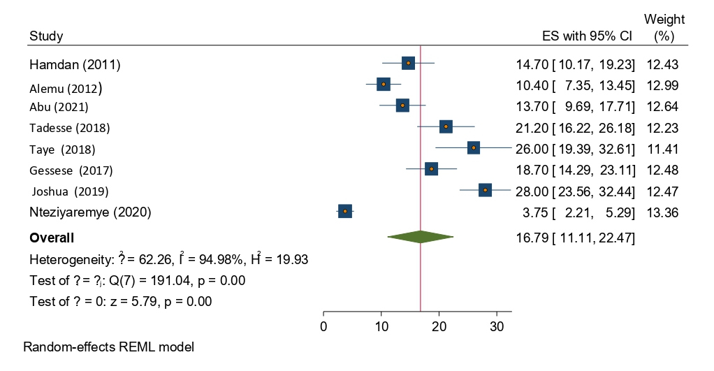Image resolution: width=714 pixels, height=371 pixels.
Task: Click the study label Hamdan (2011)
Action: [x=75, y=65]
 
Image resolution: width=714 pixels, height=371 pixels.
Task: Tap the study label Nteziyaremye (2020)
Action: [x=90, y=212]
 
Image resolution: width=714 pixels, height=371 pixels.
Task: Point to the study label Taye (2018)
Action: [x=62, y=150]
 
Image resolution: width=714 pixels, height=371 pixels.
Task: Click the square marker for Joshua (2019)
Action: [x=485, y=190]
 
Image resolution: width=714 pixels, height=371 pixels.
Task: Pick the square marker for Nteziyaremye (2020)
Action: [x=344, y=211]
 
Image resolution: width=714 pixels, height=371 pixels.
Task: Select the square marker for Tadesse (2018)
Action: [x=446, y=126]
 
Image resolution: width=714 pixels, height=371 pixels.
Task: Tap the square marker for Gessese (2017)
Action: [x=432, y=169]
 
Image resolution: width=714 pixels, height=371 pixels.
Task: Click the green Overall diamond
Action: [x=421, y=238]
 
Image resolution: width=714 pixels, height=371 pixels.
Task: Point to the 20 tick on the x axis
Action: [x=439, y=326]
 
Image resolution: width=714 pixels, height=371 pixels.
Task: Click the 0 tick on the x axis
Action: [x=323, y=326]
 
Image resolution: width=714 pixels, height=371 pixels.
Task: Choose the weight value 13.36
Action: [x=663, y=212]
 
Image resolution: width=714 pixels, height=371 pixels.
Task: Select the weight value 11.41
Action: [x=663, y=149]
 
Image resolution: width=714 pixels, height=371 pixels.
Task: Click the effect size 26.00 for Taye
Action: [x=530, y=149]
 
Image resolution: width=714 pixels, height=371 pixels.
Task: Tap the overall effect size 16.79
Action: [x=530, y=238]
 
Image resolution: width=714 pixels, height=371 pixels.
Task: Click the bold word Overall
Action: [x=52, y=238]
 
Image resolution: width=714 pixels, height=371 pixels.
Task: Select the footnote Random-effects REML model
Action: [x=108, y=347]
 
